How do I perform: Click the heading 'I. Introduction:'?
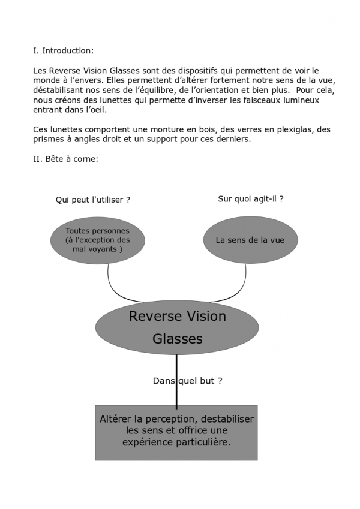click(x=63, y=51)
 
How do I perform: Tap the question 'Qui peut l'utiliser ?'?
click(x=92, y=200)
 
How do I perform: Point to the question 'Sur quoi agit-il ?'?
click(x=250, y=199)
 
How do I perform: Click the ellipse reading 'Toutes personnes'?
click(x=97, y=240)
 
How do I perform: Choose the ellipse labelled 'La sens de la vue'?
click(x=250, y=240)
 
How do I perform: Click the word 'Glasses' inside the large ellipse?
click(x=177, y=339)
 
